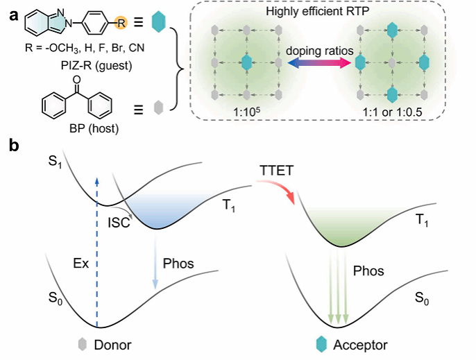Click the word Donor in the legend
(111, 345)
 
